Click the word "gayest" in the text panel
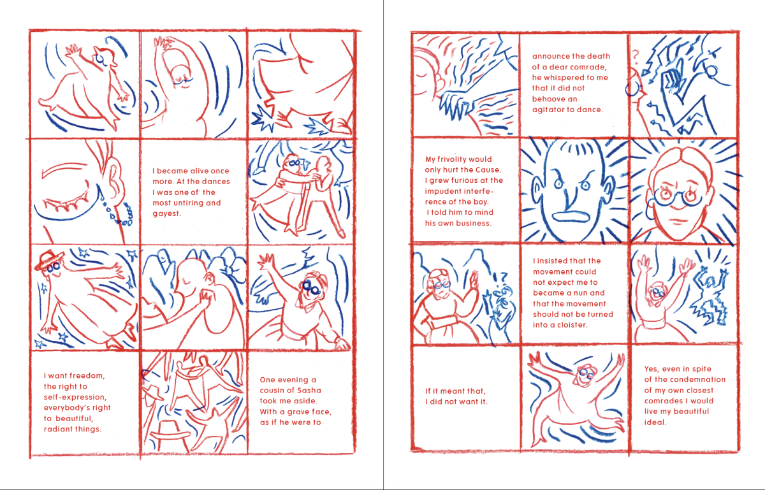pyautogui.click(x=166, y=213)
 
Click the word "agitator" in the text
pyautogui.click(x=548, y=110)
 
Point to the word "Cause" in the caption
pyautogui.click(x=488, y=169)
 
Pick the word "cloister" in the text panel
pyautogui.click(x=572, y=325)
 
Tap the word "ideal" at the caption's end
pyautogui.click(x=655, y=422)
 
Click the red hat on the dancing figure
pyautogui.click(x=48, y=259)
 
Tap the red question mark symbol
pyautogui.click(x=635, y=55)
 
